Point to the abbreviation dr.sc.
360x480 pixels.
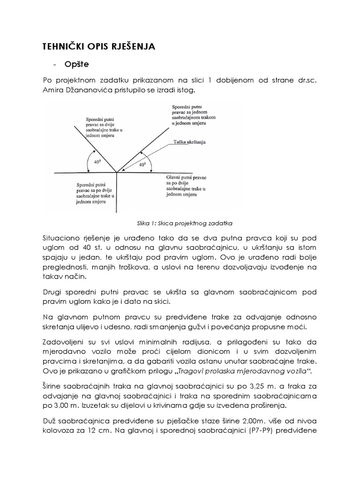(x=307, y=80)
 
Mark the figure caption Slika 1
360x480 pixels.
(x=180, y=223)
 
